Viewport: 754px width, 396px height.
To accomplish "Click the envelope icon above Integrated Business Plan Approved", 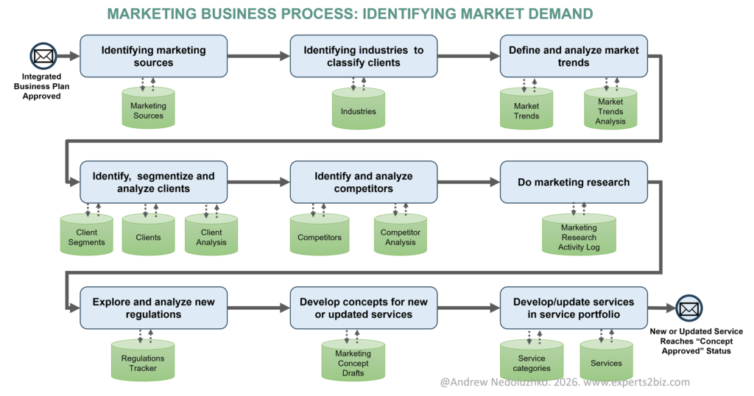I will click(x=43, y=55).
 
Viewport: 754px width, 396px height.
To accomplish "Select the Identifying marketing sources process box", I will click(x=153, y=56).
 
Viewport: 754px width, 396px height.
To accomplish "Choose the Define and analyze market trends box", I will click(x=574, y=56).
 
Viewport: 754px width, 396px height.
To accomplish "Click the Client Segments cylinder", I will click(x=85, y=236).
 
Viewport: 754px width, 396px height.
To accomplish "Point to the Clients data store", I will click(x=148, y=236).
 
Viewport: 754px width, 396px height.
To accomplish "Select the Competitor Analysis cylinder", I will click(x=400, y=236).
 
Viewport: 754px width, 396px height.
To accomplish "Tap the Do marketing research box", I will click(x=574, y=182).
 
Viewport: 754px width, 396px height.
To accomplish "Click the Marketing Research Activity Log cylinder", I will click(x=579, y=236).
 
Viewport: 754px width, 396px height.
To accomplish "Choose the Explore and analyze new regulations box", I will click(x=153, y=308).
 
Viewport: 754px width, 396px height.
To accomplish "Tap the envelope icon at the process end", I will click(x=689, y=308).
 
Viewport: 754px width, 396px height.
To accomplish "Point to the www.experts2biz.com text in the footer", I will click(x=627, y=382).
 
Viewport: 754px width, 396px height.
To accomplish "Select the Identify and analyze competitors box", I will click(x=363, y=182).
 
